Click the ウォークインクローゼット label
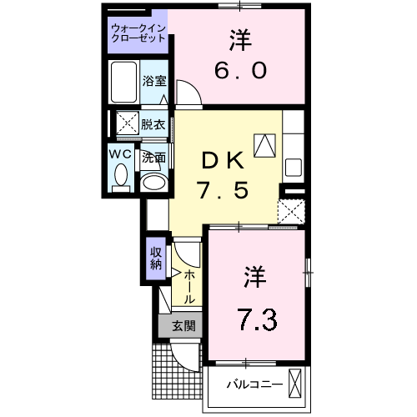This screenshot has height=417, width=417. (138, 35)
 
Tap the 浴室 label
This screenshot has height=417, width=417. (153, 81)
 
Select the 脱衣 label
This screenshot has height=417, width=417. (153, 125)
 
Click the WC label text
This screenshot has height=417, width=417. (118, 155)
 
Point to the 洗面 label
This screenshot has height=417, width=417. (153, 156)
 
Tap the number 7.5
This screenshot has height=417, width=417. (224, 191)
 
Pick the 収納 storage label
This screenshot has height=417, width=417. (155, 259)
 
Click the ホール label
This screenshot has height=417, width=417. (190, 286)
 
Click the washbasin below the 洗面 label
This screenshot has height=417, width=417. (152, 183)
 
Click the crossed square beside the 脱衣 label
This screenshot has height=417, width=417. (128, 124)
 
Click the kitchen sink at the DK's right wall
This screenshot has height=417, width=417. (294, 165)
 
